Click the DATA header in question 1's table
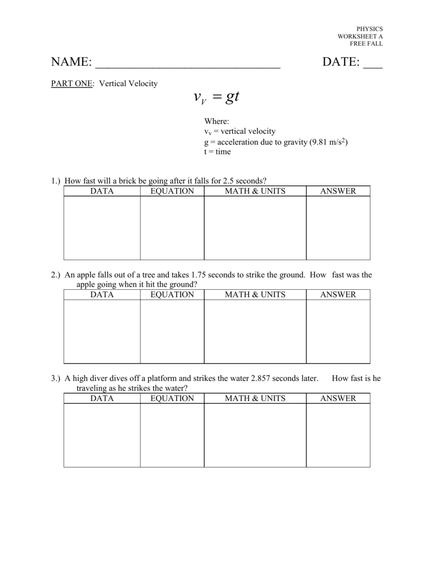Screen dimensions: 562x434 point(102,191)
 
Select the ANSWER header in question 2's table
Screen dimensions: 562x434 point(338,295)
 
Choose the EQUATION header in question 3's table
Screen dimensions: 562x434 point(172,398)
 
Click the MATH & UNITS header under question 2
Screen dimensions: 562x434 point(255,295)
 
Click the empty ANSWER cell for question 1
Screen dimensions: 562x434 point(338,228)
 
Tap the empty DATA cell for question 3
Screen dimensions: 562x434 point(102,435)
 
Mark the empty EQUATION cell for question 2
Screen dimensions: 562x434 point(172,331)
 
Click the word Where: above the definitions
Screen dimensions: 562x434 point(216,121)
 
